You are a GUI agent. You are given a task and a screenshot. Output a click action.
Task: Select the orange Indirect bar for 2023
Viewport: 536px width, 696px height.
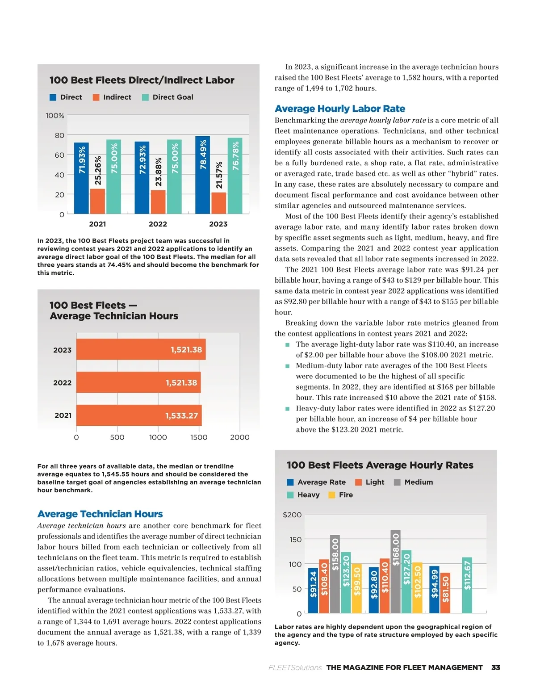tap(218, 203)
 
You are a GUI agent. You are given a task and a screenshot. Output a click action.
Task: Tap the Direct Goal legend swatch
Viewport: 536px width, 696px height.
tap(145, 97)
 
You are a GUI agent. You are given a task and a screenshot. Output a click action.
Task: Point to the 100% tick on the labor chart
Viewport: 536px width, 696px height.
tap(55, 116)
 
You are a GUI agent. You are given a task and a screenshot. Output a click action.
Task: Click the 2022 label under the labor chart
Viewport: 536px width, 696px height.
tap(158, 224)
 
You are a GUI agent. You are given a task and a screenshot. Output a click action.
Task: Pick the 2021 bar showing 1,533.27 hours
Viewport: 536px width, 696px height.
tap(139, 415)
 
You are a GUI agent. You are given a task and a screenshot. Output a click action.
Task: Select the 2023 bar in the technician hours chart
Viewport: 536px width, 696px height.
tap(141, 350)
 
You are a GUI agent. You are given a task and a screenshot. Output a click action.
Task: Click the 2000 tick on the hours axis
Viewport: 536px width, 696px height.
tap(239, 437)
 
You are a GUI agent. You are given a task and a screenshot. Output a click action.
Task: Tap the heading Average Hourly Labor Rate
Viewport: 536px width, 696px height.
tap(339, 109)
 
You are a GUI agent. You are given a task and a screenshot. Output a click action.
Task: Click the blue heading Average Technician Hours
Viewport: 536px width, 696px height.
tap(100, 514)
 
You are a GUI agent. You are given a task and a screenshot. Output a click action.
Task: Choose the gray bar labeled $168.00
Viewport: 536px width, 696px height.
tap(395, 571)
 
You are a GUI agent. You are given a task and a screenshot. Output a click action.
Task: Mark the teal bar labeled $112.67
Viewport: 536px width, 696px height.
tap(467, 585)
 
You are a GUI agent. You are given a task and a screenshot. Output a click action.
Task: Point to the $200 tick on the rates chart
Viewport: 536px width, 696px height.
tap(292, 515)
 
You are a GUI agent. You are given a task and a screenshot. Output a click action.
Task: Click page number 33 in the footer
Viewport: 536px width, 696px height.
tap(495, 667)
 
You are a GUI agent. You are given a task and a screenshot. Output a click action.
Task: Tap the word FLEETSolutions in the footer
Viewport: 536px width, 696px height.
tap(295, 667)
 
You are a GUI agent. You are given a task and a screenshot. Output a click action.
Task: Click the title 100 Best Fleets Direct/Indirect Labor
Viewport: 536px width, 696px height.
tap(142, 80)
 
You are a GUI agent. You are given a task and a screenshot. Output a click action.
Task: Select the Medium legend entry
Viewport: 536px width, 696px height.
tap(414, 482)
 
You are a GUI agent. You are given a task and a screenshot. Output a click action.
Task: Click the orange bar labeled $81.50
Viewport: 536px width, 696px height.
tap(445, 593)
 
